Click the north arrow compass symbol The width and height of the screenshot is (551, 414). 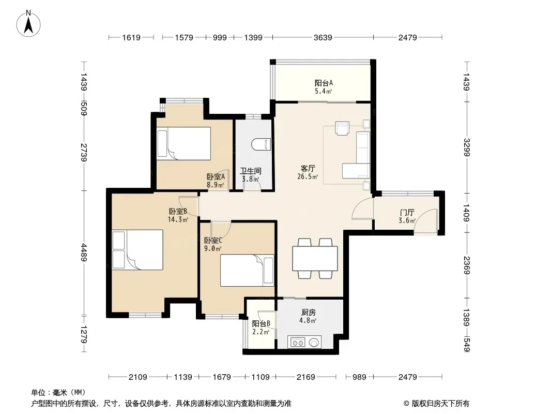[x=28, y=24]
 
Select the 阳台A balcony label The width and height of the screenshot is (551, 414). [x=324, y=83]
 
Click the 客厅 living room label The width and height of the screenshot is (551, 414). [x=308, y=169]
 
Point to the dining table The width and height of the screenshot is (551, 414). [x=315, y=259]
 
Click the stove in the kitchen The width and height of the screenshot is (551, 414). [x=304, y=342]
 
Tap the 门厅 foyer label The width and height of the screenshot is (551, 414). [x=407, y=213]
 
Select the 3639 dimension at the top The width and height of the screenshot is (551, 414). [x=323, y=37]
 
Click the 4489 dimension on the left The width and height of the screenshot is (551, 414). [x=84, y=252]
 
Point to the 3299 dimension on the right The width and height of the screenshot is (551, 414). [x=467, y=147]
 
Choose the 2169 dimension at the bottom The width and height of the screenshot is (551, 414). [x=305, y=377]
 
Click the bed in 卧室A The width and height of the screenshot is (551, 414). [x=184, y=143]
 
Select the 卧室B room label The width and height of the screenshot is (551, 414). [x=178, y=211]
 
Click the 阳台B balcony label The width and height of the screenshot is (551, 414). [x=261, y=323]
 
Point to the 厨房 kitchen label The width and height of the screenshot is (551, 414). [x=308, y=312]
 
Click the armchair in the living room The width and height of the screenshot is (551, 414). [x=342, y=128]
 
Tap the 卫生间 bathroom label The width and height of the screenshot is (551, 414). [x=251, y=171]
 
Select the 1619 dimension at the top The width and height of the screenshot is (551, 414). [x=131, y=37]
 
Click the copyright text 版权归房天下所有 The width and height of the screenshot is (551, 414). [x=440, y=404]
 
